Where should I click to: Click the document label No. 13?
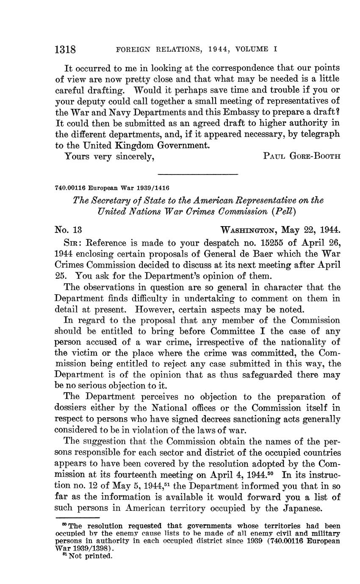tap(68, 230)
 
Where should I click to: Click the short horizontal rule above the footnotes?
tap(77, 518)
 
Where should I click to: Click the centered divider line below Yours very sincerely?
tap(198, 174)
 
